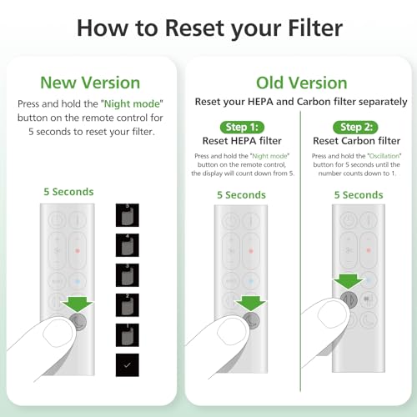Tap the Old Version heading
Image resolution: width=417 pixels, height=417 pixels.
[x=300, y=83]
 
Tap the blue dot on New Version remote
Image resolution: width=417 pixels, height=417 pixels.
[x=81, y=283]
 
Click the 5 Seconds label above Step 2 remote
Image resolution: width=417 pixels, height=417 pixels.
[x=359, y=195]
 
